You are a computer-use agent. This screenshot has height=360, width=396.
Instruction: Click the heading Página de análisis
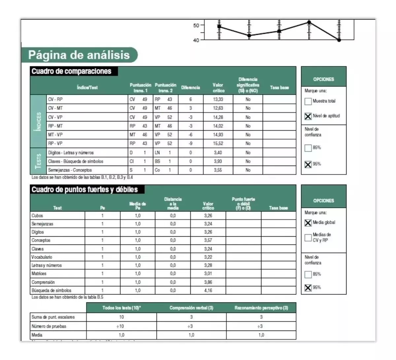[79, 55]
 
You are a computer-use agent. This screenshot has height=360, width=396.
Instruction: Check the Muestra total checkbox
[308, 102]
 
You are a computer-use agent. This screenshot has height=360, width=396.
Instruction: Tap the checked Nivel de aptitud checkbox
[308, 116]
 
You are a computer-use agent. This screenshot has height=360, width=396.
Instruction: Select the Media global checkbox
[308, 223]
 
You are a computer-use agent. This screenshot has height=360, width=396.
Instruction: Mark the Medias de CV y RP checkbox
[308, 237]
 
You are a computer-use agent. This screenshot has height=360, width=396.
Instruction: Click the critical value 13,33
[218, 99]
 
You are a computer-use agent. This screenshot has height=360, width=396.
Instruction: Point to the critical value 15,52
[218, 143]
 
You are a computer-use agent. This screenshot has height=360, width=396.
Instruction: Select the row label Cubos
[37, 216]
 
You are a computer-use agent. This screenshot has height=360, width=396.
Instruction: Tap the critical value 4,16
[208, 290]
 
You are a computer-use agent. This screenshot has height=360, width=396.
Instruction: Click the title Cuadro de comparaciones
[71, 71]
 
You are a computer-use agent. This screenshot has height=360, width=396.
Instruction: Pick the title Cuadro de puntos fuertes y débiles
[87, 190]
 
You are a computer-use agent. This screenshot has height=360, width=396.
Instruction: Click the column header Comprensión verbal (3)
[191, 308]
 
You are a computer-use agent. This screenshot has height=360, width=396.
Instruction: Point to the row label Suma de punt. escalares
[53, 317]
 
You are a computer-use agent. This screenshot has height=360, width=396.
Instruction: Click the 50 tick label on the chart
[196, 25]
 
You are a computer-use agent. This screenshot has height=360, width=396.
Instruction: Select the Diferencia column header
[190, 88]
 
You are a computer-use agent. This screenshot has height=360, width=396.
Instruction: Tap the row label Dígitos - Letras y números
[71, 153]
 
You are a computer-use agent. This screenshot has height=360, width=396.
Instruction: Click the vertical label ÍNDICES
[38, 121]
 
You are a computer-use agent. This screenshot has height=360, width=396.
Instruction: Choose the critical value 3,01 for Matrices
[208, 274]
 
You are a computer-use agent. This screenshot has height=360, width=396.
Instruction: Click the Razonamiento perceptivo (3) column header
[261, 308]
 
